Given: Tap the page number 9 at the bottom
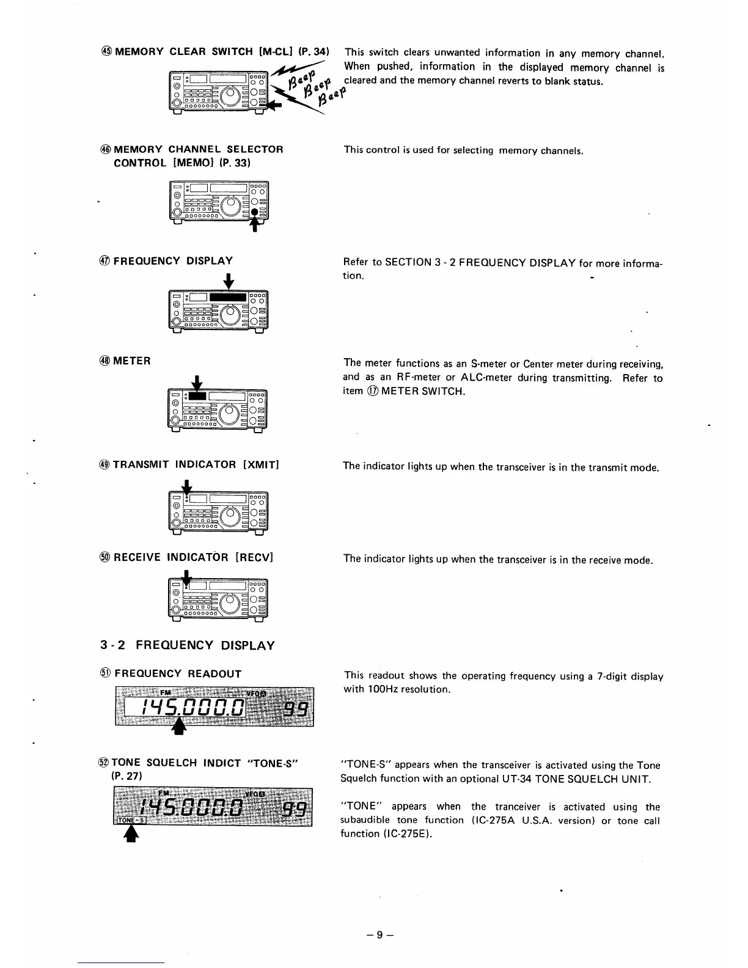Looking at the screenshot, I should pos(380,935).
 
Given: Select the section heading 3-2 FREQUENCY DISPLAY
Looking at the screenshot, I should pos(187,645).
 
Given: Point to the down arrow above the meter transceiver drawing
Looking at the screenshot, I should pos(197,384).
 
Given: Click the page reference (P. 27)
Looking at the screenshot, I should pos(126,776).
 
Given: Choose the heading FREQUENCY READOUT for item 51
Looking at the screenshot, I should pos(178,673).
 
